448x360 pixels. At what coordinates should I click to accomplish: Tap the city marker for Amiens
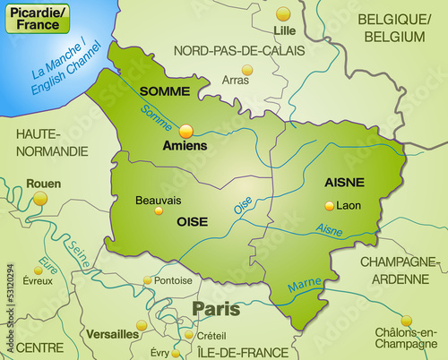click(186, 131)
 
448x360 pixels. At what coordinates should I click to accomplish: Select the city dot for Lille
click(283, 13)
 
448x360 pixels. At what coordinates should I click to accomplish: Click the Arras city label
click(236, 81)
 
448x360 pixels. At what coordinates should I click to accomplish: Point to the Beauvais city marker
click(159, 211)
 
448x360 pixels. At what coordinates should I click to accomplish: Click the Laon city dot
click(329, 205)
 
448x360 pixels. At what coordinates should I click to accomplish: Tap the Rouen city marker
click(39, 198)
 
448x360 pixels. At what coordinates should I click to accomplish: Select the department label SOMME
click(164, 91)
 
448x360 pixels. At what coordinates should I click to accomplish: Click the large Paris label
click(215, 309)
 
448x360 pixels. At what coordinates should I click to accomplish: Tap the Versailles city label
click(112, 334)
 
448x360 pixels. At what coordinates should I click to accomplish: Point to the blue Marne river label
click(305, 285)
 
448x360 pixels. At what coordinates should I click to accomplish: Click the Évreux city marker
click(38, 267)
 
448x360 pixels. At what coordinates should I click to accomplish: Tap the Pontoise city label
click(174, 280)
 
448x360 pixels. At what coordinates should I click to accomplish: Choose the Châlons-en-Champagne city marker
click(407, 320)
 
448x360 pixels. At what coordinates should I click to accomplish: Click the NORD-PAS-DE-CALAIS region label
click(239, 50)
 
